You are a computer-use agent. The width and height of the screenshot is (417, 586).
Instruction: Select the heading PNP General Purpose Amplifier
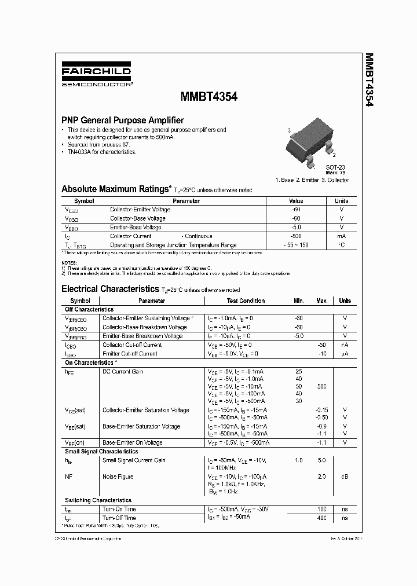point(122,120)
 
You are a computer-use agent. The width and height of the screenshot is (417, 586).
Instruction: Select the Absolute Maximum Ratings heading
point(116,189)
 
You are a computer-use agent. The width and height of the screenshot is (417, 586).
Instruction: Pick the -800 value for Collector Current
point(295,236)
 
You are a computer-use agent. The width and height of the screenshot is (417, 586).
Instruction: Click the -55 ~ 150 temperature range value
point(295,246)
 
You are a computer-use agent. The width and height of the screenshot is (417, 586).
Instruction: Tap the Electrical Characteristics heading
point(109,288)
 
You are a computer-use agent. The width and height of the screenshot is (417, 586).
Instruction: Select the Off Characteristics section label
point(89,310)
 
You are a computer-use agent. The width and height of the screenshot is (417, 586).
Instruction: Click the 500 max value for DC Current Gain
point(322,386)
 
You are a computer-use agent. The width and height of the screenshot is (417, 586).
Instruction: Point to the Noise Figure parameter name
point(118,477)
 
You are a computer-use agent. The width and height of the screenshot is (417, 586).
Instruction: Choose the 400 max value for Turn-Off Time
point(322,518)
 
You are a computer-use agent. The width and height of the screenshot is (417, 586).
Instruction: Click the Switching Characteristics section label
point(98,500)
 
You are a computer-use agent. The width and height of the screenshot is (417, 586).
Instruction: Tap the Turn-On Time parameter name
point(119,510)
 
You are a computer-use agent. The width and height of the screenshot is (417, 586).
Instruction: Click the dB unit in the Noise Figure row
point(345,477)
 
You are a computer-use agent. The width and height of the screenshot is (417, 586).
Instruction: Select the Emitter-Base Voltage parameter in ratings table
point(136,228)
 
